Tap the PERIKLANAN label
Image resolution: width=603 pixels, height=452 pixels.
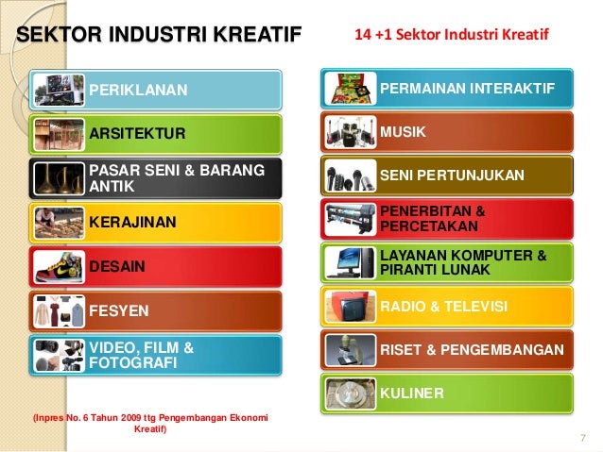pos(139,91)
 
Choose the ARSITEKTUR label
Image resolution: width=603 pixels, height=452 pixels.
pos(138,132)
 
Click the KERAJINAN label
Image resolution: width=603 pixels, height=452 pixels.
pos(134,222)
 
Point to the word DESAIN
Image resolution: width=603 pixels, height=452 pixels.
pos(117,267)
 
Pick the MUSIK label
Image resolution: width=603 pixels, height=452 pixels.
pos(403,131)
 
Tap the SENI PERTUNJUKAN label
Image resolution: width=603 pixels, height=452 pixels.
pos(452,176)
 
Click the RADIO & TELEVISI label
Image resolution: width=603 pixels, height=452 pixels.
pos(443,308)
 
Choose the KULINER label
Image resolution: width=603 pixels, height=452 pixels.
pos(412,391)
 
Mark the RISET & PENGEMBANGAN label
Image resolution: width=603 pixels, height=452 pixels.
pos(472,350)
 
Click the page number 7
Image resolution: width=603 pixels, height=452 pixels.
pos(583,436)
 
